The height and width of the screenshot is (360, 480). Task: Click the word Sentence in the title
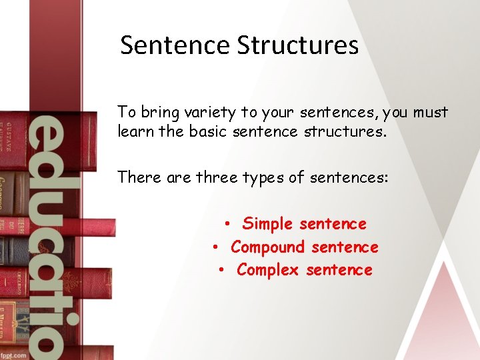pos(175,45)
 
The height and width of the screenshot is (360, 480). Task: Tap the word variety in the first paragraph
pos(199,112)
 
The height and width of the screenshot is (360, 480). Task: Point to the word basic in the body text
pos(208,131)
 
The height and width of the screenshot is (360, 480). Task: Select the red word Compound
pos(267,247)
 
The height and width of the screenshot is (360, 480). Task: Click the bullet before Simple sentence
pos(227,225)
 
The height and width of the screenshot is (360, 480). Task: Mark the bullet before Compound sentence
pos(216,248)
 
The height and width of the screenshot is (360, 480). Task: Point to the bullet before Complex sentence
pos(222,271)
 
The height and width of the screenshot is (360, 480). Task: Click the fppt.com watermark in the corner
pos(13,355)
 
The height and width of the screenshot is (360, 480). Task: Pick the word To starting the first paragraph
pos(125,112)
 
